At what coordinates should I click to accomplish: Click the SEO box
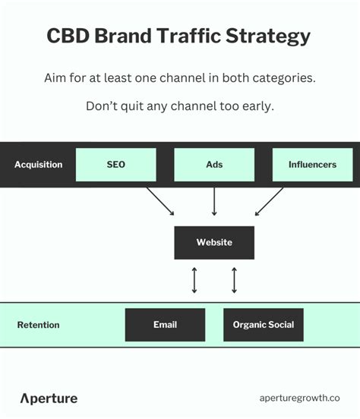click(x=115, y=165)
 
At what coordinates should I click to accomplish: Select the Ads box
click(x=214, y=165)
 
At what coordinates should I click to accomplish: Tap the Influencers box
click(x=312, y=165)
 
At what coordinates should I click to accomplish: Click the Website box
click(x=214, y=243)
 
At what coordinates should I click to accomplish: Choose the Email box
click(x=165, y=325)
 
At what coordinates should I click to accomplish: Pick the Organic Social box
click(x=264, y=325)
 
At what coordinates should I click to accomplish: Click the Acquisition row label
click(x=38, y=165)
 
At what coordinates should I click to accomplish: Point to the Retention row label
click(x=38, y=325)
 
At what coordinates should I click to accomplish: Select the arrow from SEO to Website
click(x=159, y=201)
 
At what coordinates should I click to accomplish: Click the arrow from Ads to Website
click(x=214, y=201)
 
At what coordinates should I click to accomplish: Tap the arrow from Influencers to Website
click(x=269, y=201)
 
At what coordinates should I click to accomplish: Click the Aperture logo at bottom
click(x=49, y=399)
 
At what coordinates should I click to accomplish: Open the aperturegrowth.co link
click(x=299, y=399)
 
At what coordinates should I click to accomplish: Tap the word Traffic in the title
click(x=195, y=36)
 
